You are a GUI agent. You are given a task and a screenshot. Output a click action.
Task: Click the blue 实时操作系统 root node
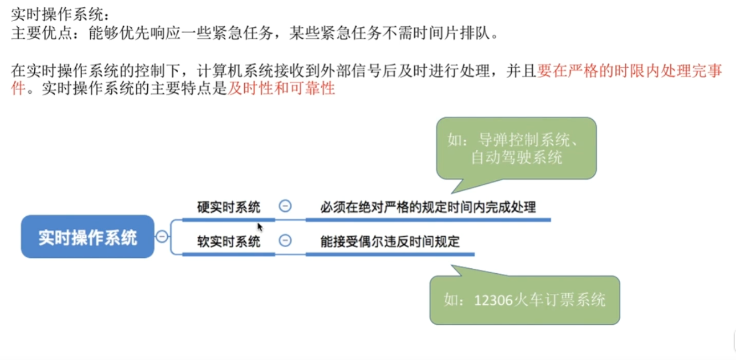coord(88,237)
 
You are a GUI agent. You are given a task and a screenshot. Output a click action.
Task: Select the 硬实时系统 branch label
coord(229,207)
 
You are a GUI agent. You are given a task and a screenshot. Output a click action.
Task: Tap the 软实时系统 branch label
coord(229,241)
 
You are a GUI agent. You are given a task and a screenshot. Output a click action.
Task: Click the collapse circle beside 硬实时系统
coord(284,206)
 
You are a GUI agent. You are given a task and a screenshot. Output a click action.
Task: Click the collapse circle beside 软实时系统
coord(284,241)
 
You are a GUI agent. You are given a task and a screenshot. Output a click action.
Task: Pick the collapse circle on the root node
coord(162,236)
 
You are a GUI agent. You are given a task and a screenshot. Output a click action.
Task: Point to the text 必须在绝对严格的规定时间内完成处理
coord(428,207)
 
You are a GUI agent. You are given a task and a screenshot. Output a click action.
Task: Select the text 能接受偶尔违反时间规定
coord(390,241)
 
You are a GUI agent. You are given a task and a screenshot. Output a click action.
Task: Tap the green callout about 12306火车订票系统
coord(524,299)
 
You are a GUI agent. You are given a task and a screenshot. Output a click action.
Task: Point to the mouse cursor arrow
coord(259,225)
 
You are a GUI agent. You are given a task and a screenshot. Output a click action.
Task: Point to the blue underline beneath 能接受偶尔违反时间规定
coord(390,253)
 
